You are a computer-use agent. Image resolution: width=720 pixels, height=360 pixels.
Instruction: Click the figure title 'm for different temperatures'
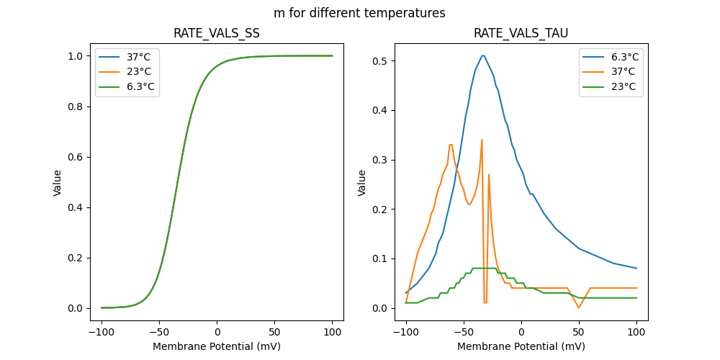pyautogui.click(x=359, y=13)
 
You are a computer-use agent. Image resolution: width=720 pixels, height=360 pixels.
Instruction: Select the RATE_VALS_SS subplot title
pyautogui.click(x=217, y=33)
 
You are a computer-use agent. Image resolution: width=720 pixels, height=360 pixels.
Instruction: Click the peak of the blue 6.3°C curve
pyautogui.click(x=482, y=55)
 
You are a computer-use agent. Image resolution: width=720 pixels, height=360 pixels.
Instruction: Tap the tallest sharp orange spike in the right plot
pyautogui.click(x=482, y=140)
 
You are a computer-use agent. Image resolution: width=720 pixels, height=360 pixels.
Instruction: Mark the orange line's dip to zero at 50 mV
pyautogui.click(x=578, y=307)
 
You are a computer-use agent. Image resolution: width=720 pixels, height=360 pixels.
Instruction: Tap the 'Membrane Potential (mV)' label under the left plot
pyautogui.click(x=217, y=346)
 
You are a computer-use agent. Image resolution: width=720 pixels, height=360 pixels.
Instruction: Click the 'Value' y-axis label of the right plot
pyautogui.click(x=362, y=182)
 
